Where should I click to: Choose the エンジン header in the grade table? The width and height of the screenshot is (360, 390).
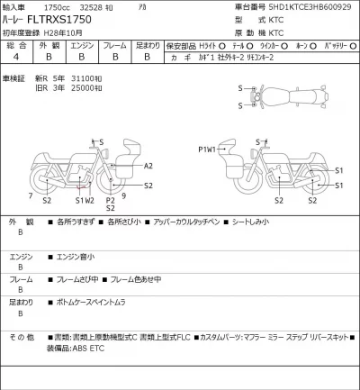pyautogui.click(x=82, y=43)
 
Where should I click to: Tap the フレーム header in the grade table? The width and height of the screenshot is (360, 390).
pyautogui.click(x=114, y=43)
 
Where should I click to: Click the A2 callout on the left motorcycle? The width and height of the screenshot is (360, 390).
pyautogui.click(x=148, y=167)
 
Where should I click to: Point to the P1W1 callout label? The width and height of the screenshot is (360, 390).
pyautogui.click(x=206, y=150)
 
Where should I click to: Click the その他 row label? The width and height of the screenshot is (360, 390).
pyautogui.click(x=22, y=336)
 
